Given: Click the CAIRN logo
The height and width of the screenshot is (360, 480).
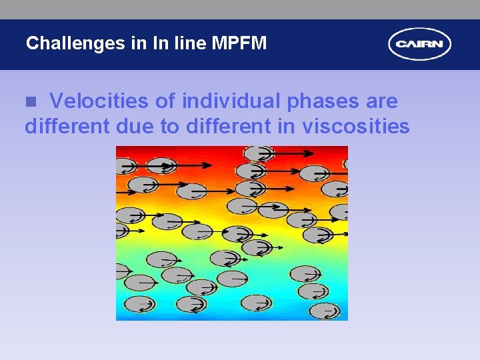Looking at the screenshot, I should pos(419,45).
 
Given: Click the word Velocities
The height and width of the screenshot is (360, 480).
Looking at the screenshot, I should pos(99,101).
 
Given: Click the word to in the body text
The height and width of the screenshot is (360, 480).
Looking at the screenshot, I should pos(169,126).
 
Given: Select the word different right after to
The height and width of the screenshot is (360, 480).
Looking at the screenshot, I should pos(226,126).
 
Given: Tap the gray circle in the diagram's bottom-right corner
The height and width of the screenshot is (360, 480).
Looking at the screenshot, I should pos(325,310).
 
